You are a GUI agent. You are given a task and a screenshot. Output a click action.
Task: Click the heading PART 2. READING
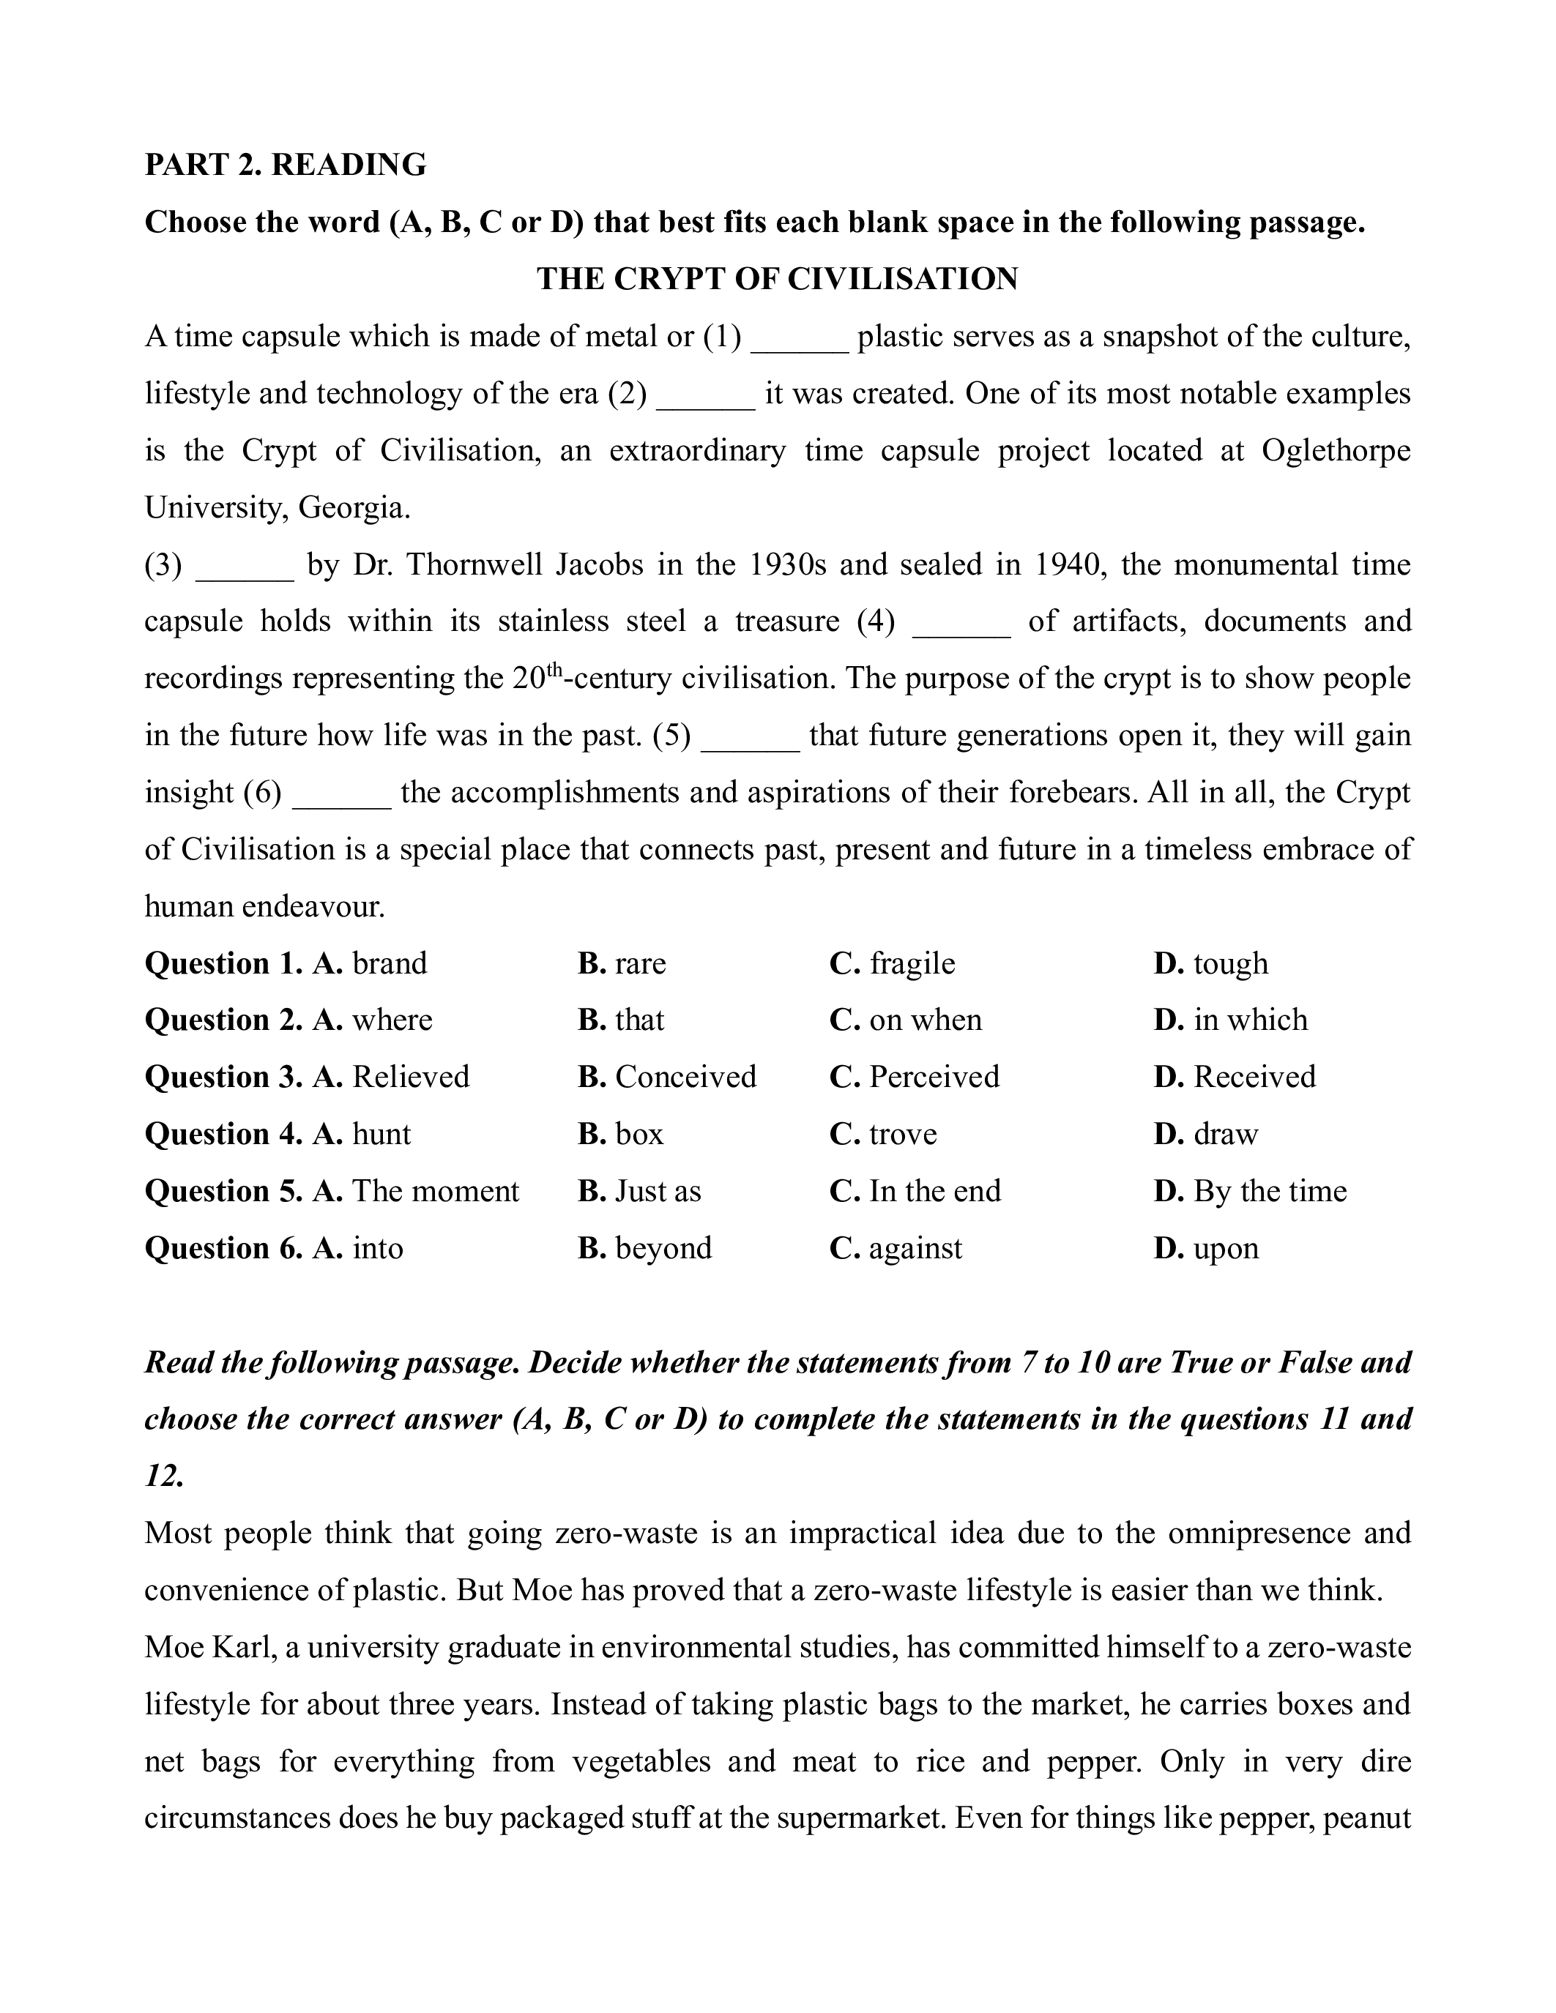[285, 165]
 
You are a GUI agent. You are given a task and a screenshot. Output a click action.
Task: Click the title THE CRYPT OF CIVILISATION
[777, 280]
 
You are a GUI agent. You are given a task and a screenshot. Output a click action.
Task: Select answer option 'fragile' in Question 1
[912, 963]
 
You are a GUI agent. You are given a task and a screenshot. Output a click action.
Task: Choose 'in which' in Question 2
[1250, 1020]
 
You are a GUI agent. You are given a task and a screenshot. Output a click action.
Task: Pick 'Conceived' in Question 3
[685, 1077]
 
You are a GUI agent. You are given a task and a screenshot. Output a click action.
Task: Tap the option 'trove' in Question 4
[902, 1134]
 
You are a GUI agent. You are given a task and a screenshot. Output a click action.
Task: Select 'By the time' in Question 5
[1269, 1191]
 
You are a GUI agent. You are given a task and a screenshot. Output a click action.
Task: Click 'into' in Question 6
[378, 1248]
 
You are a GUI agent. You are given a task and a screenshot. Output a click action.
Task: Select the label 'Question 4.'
[223, 1134]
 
